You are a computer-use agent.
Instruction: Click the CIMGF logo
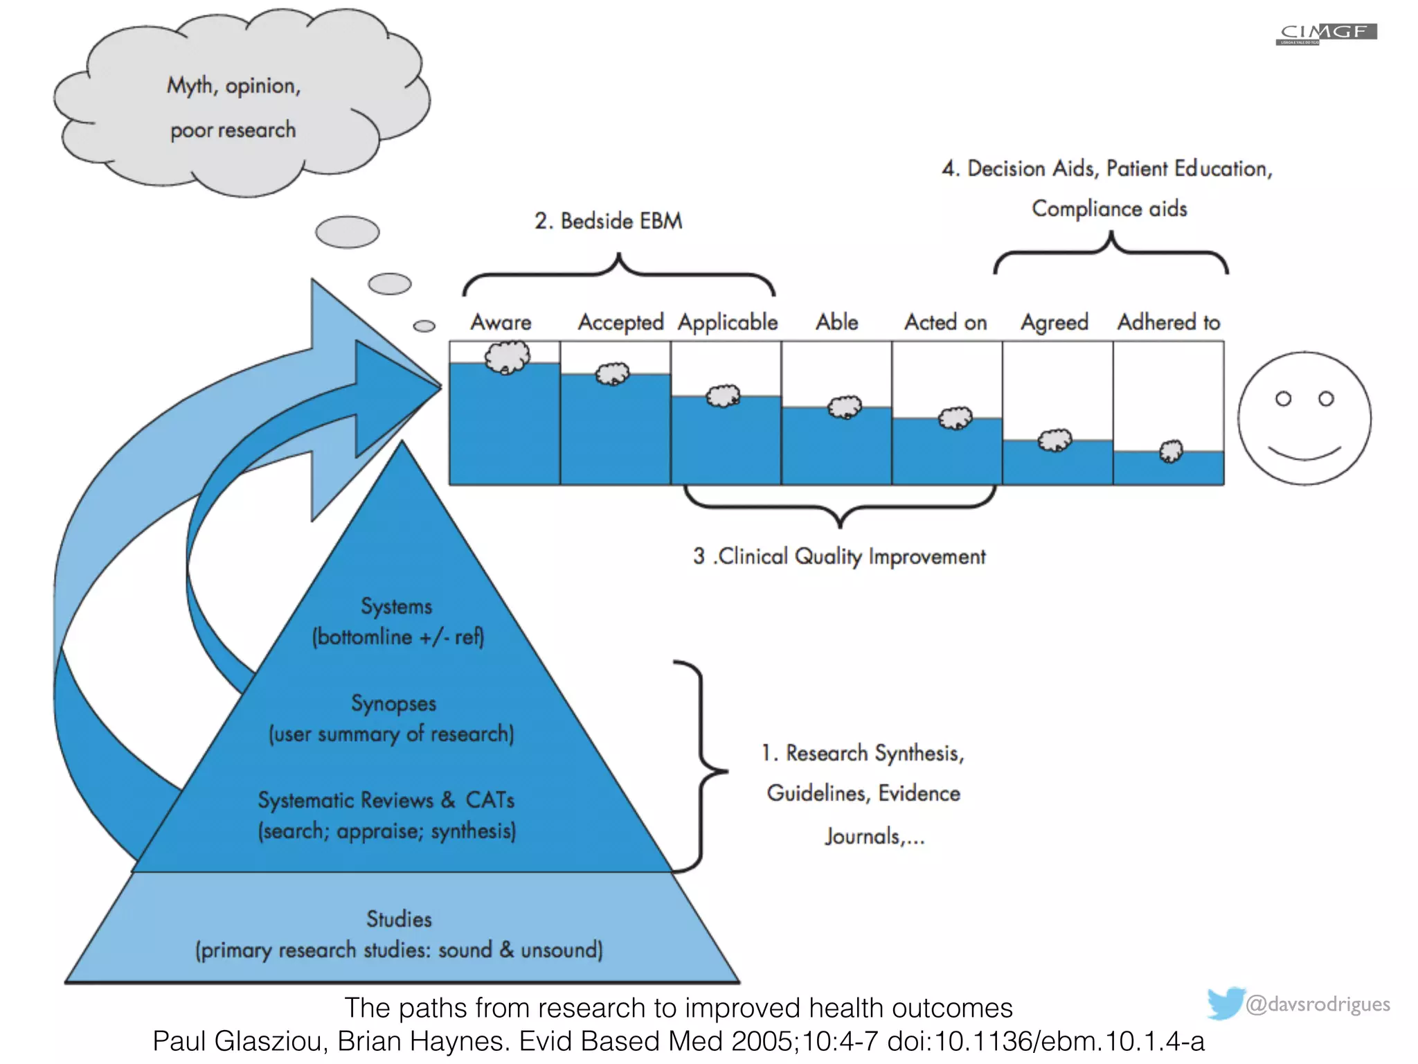point(1326,33)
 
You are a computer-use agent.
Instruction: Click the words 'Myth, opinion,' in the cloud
point(233,86)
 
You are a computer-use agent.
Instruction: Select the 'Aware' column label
point(501,322)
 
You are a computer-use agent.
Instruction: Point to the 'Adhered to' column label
point(1168,322)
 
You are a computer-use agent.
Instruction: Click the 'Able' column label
point(836,322)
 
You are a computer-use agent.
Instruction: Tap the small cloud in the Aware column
point(508,357)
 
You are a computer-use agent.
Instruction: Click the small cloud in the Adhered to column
point(1171,451)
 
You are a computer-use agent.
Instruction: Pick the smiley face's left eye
point(1283,399)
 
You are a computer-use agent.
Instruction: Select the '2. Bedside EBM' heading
point(608,221)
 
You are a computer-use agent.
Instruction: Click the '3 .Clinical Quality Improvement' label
point(838,556)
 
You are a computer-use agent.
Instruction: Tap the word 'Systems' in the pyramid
point(396,606)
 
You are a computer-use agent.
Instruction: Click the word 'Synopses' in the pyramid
point(393,703)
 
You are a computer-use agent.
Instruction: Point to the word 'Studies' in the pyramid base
point(399,919)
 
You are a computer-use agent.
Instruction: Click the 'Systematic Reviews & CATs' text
point(386,800)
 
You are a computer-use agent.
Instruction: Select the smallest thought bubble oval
point(424,326)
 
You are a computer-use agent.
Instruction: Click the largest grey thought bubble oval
point(347,232)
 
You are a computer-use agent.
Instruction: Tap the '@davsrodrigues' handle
point(1317,1004)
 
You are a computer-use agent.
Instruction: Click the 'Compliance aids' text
point(1109,209)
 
